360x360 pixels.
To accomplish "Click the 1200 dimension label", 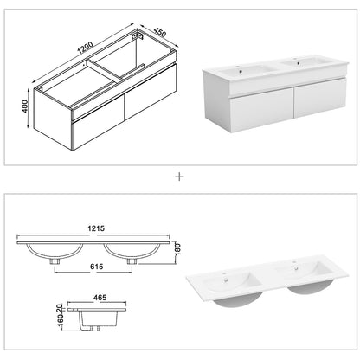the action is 85,48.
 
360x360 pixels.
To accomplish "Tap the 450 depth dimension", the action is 160,33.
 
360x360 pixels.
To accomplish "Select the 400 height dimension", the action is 24,106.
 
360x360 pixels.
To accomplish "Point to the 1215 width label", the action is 96,228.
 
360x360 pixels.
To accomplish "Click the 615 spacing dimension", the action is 96,267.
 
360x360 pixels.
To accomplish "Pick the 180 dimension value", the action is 177,249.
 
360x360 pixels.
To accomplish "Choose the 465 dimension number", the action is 100,298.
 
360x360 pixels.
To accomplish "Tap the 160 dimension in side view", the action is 61,320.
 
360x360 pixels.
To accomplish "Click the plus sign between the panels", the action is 179,177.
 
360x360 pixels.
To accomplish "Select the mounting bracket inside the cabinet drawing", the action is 138,36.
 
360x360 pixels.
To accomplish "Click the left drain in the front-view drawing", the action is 55,261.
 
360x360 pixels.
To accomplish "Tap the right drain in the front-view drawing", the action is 132,261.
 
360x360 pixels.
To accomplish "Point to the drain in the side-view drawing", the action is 93,328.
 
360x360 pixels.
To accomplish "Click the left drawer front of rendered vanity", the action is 261,109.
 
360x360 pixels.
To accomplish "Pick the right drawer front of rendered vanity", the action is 320,97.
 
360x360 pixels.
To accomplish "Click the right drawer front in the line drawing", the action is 151,92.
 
